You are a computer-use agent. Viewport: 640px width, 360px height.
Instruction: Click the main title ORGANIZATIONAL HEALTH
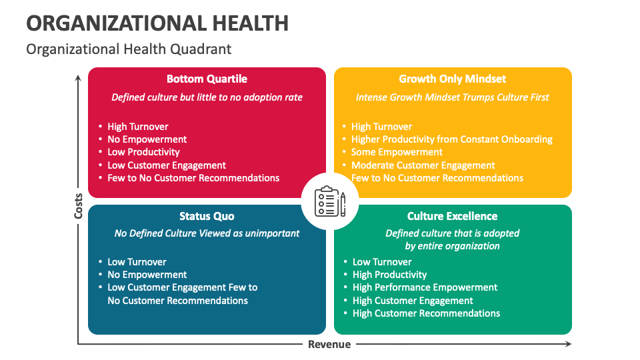[x=157, y=23]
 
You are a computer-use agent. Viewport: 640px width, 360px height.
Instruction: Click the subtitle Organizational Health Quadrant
[x=129, y=49]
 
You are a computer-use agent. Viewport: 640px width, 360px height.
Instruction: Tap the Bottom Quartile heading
[x=207, y=79]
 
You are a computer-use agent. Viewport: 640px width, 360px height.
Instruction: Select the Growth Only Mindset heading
[x=453, y=79]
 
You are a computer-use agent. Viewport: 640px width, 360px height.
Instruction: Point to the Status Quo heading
[x=207, y=216]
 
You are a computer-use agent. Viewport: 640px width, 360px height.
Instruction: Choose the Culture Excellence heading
[x=453, y=216]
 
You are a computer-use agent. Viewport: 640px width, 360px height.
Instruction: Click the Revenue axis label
[x=329, y=345]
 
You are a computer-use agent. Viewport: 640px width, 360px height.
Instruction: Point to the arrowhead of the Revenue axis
[x=568, y=344]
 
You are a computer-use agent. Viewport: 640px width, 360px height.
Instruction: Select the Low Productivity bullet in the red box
[x=143, y=152]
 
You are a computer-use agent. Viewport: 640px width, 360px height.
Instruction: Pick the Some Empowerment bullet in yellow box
[x=397, y=152]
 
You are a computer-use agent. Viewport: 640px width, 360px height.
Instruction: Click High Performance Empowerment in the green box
[x=425, y=287]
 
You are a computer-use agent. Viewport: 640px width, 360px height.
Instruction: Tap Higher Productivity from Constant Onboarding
[x=451, y=139]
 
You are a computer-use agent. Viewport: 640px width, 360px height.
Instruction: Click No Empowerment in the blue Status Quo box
[x=147, y=275]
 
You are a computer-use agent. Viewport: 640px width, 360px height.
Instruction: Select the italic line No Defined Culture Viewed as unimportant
[x=207, y=233]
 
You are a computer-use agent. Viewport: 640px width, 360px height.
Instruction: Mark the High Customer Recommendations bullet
[x=426, y=313]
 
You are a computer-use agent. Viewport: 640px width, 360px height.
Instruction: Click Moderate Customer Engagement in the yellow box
[x=423, y=165]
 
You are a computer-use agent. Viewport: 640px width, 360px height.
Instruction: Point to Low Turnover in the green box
[x=382, y=262]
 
